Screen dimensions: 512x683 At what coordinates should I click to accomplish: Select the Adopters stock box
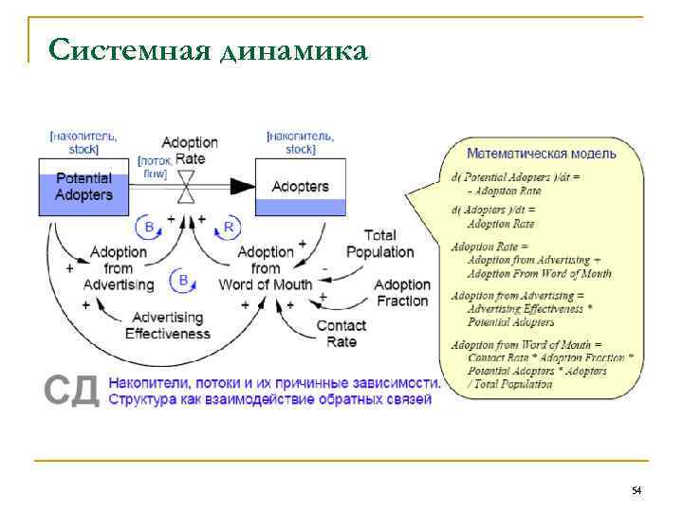[301, 187]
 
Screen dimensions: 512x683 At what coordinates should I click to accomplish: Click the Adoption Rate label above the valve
[190, 150]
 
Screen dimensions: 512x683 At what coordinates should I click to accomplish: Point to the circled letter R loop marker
[229, 227]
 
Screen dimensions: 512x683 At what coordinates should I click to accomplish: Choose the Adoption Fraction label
[402, 293]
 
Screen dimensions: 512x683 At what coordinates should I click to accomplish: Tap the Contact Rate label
[341, 334]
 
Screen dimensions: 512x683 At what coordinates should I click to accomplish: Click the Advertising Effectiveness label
[168, 325]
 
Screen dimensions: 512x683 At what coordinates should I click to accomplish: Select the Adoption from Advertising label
[119, 268]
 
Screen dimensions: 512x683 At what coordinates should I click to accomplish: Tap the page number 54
[637, 490]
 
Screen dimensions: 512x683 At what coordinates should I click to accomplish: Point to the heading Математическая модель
[541, 153]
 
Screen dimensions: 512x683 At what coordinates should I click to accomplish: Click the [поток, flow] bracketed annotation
[155, 168]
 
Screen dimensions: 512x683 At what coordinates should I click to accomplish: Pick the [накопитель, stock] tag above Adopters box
[300, 142]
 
